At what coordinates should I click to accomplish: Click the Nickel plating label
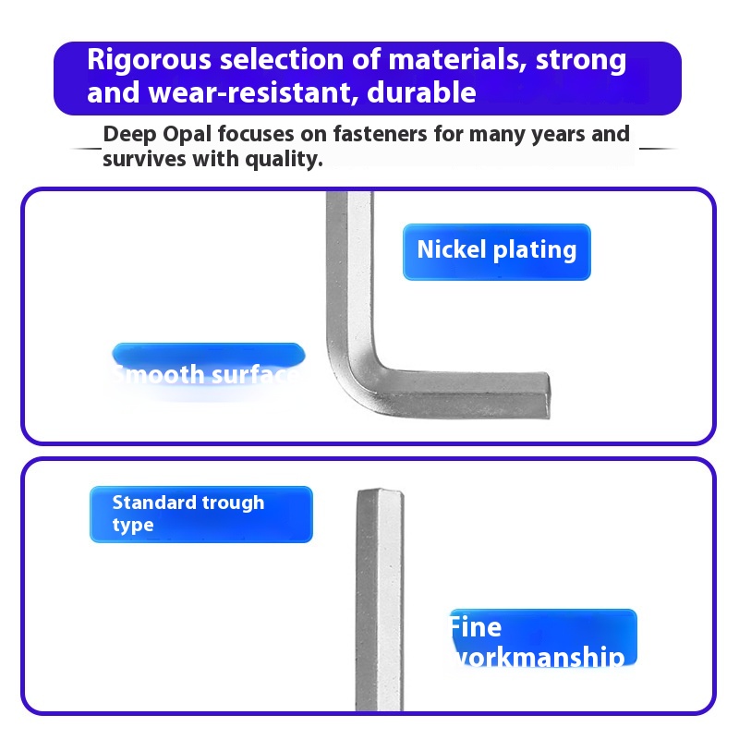[496, 250]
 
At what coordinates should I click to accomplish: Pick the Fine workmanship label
[542, 639]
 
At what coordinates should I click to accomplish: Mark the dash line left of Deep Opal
[86, 147]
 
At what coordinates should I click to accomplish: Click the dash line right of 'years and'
[658, 147]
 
